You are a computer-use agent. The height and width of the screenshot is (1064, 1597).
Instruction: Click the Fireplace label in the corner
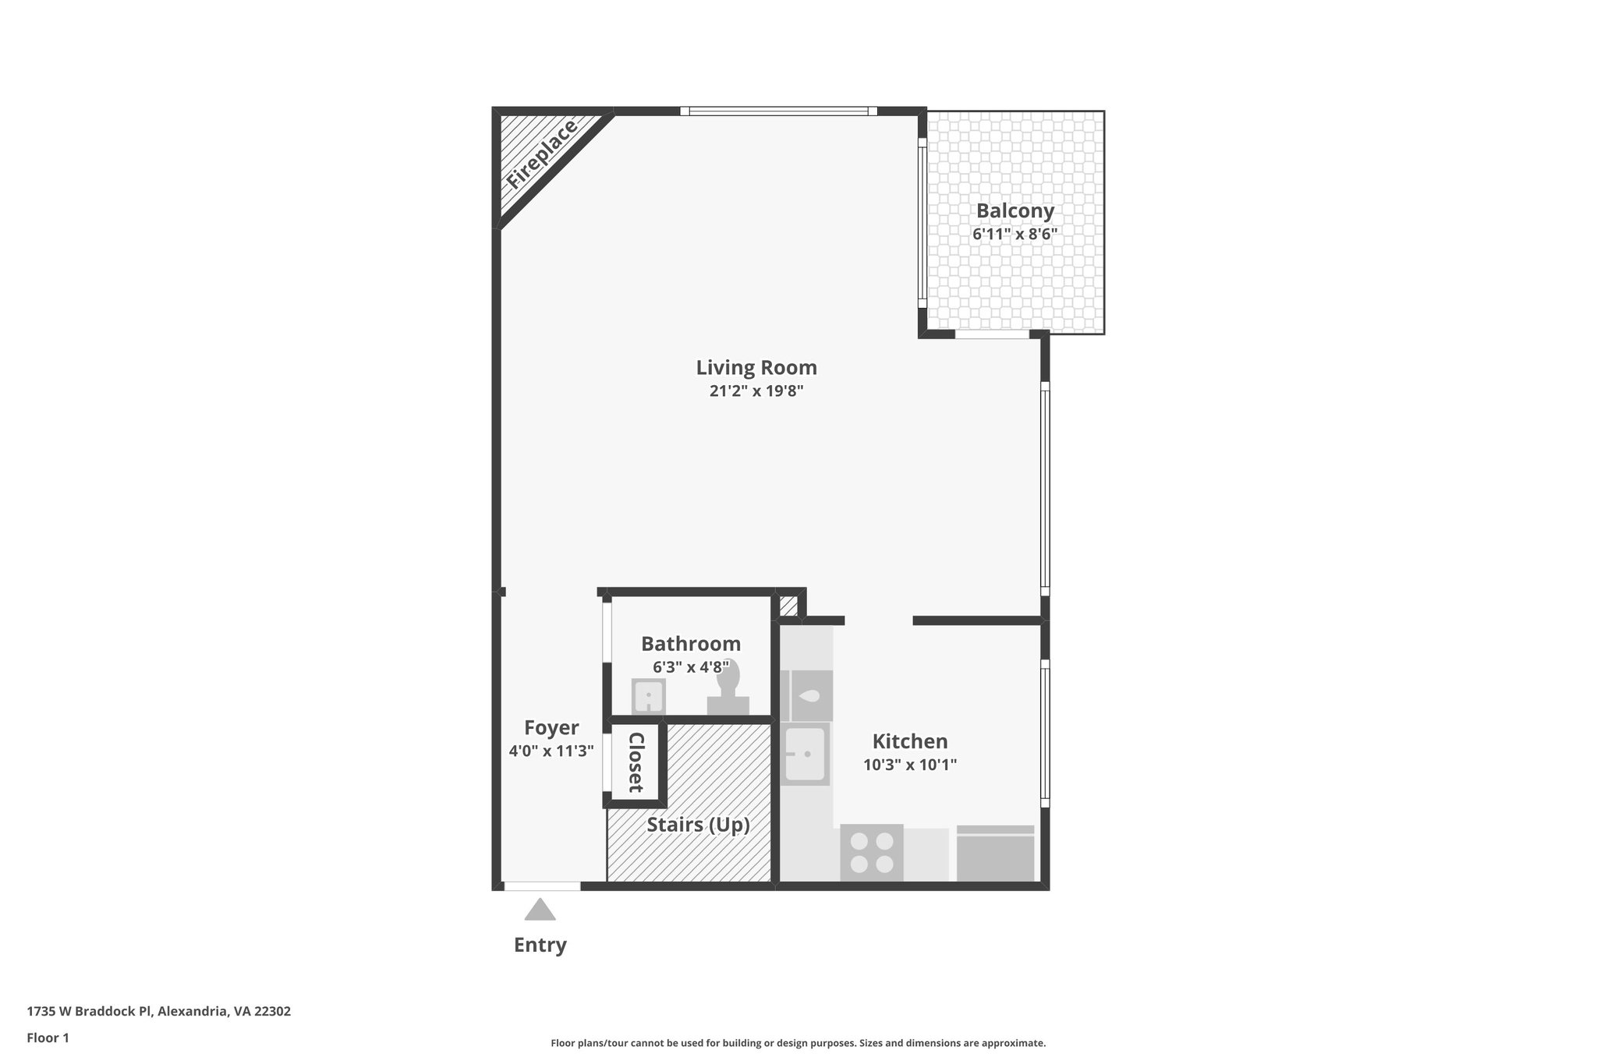(541, 154)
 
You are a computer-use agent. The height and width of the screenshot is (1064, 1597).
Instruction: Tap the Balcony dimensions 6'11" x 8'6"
(1015, 234)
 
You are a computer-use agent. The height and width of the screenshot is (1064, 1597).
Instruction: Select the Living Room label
(756, 367)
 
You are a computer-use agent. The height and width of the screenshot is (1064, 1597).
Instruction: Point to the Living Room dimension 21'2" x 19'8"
(756, 391)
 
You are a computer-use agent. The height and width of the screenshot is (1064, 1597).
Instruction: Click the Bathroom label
(690, 644)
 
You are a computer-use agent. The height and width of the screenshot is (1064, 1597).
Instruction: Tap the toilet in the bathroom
(728, 686)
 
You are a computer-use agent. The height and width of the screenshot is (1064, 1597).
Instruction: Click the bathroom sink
(647, 696)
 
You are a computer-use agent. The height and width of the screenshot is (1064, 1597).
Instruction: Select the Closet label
(636, 762)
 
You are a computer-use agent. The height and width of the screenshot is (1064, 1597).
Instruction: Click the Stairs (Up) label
(698, 825)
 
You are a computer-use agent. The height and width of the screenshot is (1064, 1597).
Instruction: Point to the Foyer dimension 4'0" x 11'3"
(551, 751)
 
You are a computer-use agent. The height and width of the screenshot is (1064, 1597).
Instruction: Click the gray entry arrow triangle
(540, 910)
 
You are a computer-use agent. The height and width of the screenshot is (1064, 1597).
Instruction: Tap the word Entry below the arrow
(540, 945)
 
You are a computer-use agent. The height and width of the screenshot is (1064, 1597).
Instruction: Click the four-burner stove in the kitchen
(872, 853)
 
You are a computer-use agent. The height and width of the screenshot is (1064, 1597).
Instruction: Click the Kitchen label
(909, 741)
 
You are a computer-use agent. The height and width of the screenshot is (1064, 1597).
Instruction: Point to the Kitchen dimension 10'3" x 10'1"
(909, 765)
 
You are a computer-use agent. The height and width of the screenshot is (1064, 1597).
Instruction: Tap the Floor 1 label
(48, 1037)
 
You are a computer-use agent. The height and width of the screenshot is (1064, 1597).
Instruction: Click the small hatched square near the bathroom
(788, 606)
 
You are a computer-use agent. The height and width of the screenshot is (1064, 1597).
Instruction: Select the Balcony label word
(1015, 210)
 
